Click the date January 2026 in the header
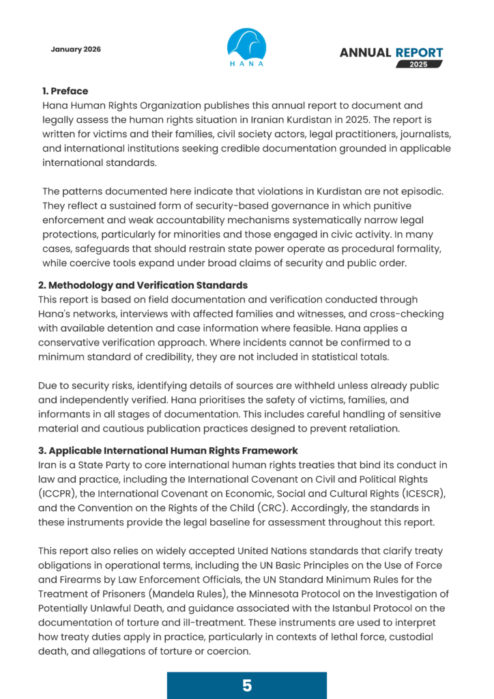pos(75,49)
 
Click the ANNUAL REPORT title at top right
pos(391,53)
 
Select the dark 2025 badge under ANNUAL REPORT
pos(415,64)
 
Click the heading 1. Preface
pos(65,91)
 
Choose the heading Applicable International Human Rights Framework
pos(167,451)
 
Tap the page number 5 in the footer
pos(247,685)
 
